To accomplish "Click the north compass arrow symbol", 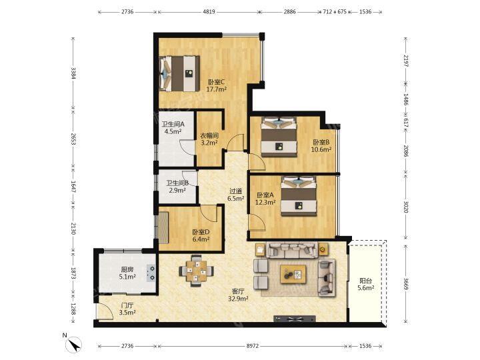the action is click(x=74, y=344).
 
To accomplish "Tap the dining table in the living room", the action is click(x=196, y=271).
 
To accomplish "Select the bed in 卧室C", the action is click(x=179, y=74).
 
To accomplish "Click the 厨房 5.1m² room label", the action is click(x=127, y=273).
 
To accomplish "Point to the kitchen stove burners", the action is click(x=151, y=273).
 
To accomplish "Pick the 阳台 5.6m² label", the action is click(x=366, y=284).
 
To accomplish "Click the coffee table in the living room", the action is click(x=293, y=274).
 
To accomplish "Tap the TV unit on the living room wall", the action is click(x=295, y=319).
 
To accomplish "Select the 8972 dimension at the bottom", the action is click(x=253, y=346).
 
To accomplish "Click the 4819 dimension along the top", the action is click(x=209, y=11).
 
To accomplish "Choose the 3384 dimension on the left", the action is click(x=73, y=73).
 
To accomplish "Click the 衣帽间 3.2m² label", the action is click(x=209, y=139).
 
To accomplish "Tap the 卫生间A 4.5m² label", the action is click(x=173, y=128).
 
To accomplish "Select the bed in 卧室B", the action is click(x=279, y=137).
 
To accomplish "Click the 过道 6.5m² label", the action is click(x=236, y=195).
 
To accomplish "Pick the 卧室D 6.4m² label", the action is click(x=201, y=236).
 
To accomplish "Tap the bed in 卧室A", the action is click(x=299, y=196).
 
